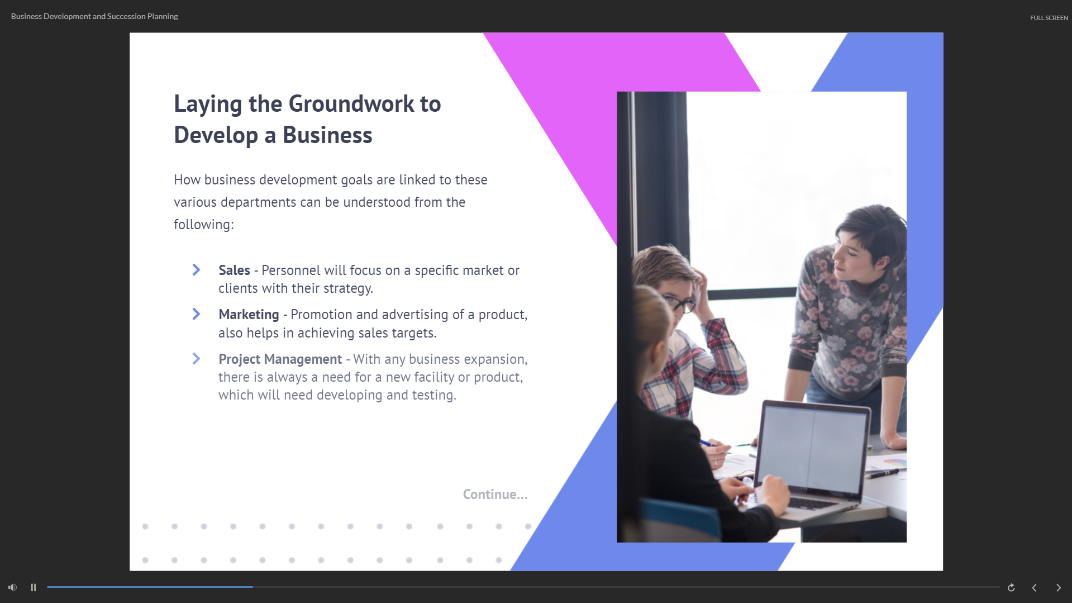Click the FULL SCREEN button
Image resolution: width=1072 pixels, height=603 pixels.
pyautogui.click(x=1049, y=18)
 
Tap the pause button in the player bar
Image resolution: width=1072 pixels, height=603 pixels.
pyautogui.click(x=34, y=587)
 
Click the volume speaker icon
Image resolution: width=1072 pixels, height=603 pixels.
pyautogui.click(x=12, y=587)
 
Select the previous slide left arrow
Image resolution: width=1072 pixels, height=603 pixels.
pyautogui.click(x=1034, y=587)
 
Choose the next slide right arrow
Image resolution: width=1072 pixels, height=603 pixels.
pyautogui.click(x=1058, y=587)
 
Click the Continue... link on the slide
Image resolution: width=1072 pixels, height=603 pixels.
pyautogui.click(x=495, y=495)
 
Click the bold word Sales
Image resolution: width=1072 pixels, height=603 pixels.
pyautogui.click(x=234, y=270)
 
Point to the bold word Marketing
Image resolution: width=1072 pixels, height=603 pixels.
pyautogui.click(x=249, y=315)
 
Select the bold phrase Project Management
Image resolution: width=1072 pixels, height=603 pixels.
pyautogui.click(x=280, y=359)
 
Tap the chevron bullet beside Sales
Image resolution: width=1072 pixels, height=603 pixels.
pyautogui.click(x=196, y=270)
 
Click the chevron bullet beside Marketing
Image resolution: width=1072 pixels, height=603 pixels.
pyautogui.click(x=196, y=314)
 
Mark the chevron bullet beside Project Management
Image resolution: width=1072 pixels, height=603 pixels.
pyautogui.click(x=196, y=359)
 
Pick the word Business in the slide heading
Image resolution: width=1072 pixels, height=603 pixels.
pyautogui.click(x=327, y=135)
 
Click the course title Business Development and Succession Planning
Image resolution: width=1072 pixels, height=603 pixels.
pyautogui.click(x=94, y=16)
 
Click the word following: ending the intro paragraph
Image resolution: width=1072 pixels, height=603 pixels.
pyautogui.click(x=204, y=225)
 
